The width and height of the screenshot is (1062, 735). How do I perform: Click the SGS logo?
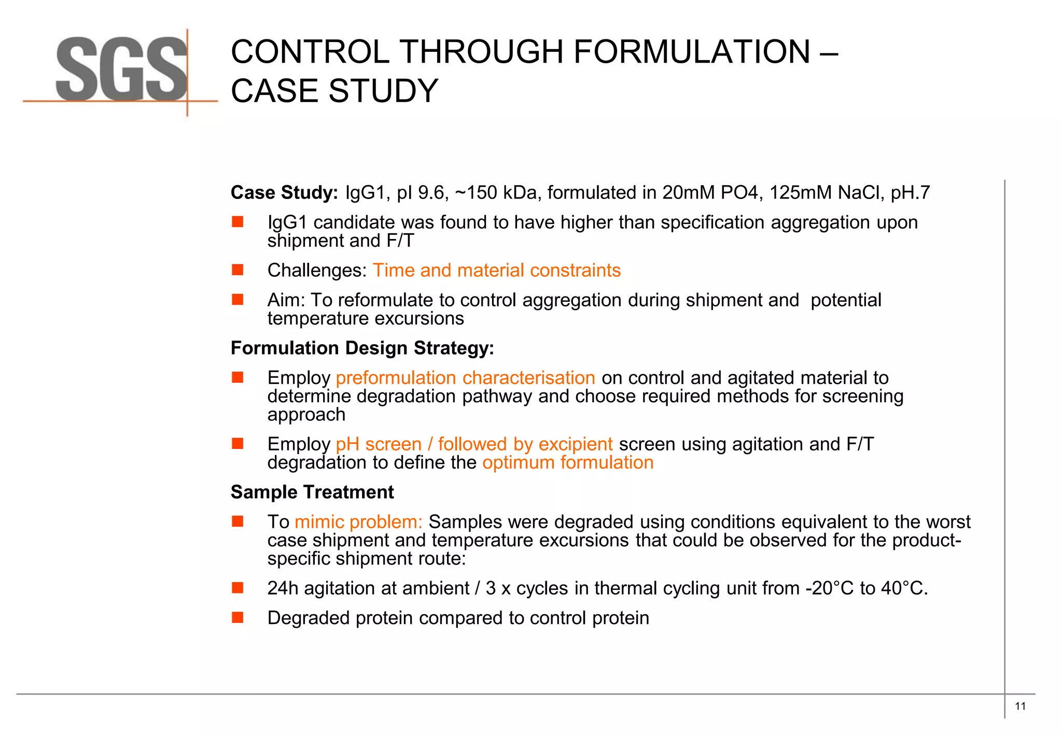[x=121, y=70]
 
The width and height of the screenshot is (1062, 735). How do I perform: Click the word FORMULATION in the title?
[x=692, y=52]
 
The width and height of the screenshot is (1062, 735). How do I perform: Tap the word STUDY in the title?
[x=383, y=91]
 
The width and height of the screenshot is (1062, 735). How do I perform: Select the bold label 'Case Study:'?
[x=284, y=193]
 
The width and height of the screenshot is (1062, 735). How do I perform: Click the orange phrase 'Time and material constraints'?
[x=496, y=271]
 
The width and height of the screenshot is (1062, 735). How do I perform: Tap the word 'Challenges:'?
[x=317, y=271]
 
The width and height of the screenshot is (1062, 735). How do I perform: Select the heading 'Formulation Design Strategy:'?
[x=362, y=348]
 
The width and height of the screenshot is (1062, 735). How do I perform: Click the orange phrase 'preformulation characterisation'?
[x=465, y=378]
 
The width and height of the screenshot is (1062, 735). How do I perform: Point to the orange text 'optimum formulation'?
[x=567, y=462]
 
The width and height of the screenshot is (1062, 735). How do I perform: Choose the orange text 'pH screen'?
[x=379, y=444]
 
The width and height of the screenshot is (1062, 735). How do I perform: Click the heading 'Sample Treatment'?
[x=312, y=492]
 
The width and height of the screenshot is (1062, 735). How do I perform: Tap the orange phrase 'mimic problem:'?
[x=358, y=522]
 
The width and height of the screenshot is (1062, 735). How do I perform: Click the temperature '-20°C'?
[x=829, y=588]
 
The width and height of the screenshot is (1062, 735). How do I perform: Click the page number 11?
[x=1020, y=706]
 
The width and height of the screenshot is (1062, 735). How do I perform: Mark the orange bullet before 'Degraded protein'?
[x=237, y=617]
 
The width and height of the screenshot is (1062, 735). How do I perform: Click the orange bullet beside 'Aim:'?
[x=237, y=300]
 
